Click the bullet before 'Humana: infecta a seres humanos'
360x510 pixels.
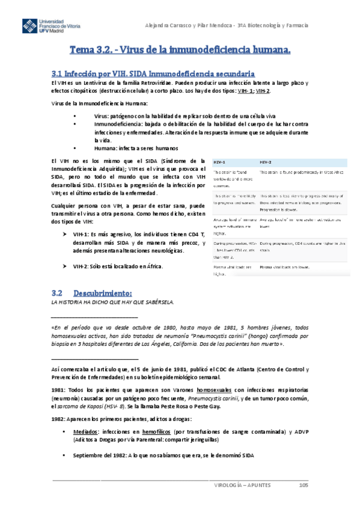(74, 148)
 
